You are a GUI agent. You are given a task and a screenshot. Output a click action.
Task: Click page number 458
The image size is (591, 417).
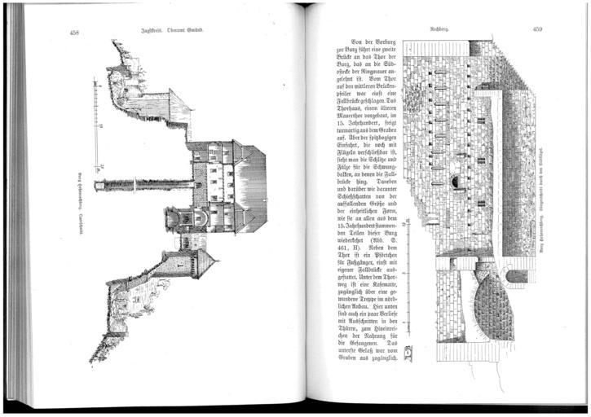[75, 32]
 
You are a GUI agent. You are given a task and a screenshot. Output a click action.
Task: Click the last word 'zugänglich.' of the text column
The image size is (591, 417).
[377, 358]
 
